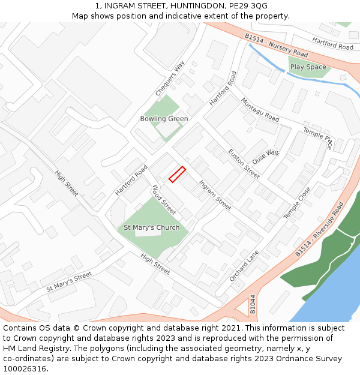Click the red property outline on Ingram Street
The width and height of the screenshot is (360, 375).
click(177, 174)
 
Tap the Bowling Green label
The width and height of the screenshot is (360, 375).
click(164, 119)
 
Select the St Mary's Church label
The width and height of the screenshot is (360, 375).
click(151, 228)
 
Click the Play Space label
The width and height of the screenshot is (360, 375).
click(308, 67)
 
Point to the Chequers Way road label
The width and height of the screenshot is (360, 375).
click(170, 78)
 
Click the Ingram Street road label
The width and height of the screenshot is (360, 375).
click(215, 195)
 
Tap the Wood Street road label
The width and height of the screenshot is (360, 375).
click(164, 200)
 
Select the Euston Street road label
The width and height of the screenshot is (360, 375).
click(244, 164)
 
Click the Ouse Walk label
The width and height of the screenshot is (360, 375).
click(266, 158)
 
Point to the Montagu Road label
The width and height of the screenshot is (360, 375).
click(260, 110)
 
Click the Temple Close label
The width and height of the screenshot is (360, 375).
click(297, 202)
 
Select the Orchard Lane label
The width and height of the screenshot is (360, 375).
click(243, 266)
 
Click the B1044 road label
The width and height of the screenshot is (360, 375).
click(253, 304)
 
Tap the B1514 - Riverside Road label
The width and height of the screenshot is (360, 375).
click(319, 229)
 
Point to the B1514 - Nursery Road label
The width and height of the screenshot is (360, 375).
click(276, 46)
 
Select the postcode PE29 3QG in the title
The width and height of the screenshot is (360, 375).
click(244, 6)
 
